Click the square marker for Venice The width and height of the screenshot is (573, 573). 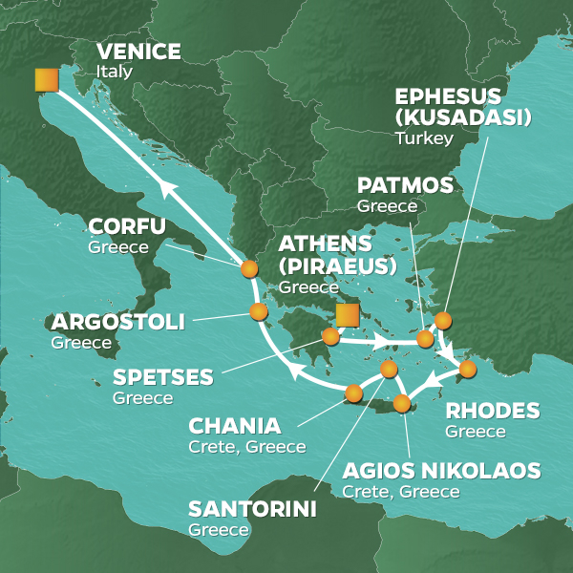(46, 80)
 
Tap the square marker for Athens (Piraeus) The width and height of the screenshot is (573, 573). (347, 314)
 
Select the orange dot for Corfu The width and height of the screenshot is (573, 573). (248, 268)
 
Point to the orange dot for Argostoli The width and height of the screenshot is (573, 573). (257, 311)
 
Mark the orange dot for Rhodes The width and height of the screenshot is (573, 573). (467, 368)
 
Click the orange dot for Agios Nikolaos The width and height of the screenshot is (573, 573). (402, 402)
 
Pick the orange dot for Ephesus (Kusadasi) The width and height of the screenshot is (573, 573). (442, 320)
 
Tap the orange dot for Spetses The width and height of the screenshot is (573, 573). (330, 336)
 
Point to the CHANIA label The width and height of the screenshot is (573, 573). (235, 426)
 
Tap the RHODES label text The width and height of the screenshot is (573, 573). (492, 412)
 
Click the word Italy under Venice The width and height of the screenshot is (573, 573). (114, 72)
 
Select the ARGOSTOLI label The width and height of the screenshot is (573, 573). (118, 322)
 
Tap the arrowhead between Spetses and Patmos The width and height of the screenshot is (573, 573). (381, 341)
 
